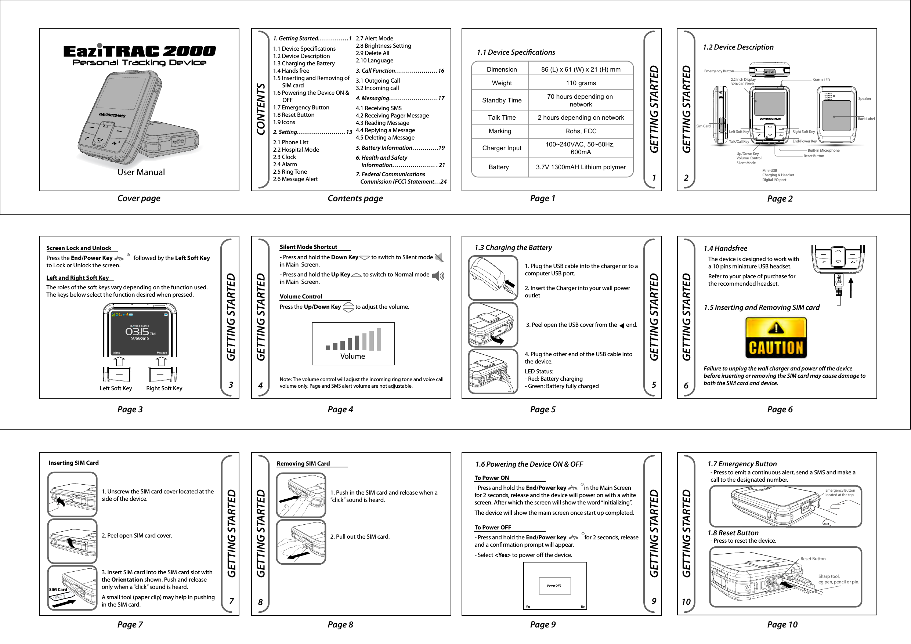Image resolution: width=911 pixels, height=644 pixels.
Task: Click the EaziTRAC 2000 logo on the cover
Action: coord(139,51)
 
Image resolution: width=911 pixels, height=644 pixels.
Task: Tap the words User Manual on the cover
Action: coord(141,172)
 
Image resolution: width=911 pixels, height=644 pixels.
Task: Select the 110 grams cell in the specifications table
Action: coord(581,83)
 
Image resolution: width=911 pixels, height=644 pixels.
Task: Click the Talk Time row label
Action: coord(502,117)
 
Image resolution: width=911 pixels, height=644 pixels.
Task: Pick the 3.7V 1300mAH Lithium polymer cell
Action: coord(581,167)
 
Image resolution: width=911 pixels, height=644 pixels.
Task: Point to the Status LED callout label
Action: coord(821,80)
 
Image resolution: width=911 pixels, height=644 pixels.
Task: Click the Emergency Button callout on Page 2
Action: coord(719,71)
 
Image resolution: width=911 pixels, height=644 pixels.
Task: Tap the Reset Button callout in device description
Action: coord(813,156)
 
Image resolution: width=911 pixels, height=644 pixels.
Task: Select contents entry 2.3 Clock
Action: coord(284,157)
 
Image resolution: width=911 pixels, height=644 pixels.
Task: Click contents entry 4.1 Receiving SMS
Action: coord(379,108)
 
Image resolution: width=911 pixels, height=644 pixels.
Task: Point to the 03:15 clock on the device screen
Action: coord(137,332)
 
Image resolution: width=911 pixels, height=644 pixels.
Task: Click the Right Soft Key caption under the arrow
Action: coord(164,388)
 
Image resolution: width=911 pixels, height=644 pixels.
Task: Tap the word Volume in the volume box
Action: coord(353,356)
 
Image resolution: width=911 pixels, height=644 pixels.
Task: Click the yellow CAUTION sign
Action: coord(776,338)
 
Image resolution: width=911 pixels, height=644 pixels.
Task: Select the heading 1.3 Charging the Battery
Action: coord(513,247)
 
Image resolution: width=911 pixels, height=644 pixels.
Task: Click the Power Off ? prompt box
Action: coord(554,586)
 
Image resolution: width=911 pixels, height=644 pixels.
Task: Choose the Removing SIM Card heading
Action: coord(303,463)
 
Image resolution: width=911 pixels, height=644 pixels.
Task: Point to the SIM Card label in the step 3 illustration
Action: coord(58,589)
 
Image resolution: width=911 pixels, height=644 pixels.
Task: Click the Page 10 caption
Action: coord(782,625)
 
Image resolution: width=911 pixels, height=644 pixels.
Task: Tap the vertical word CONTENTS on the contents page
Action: coord(261,109)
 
